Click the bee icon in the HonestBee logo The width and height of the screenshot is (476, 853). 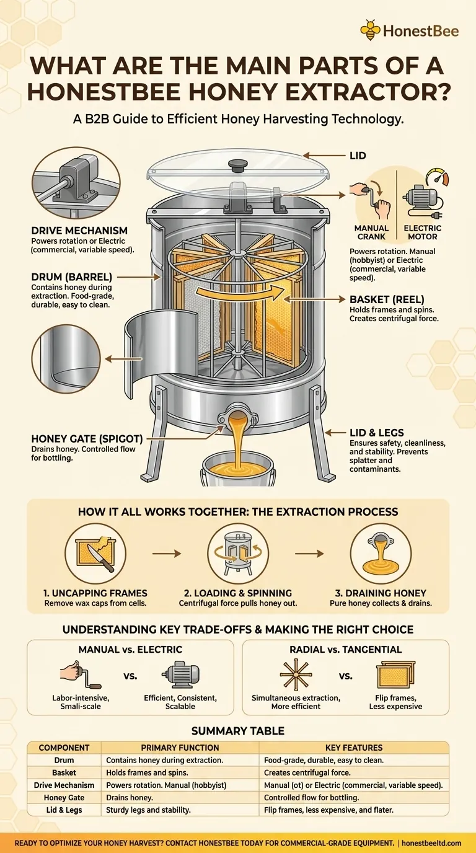(x=370, y=30)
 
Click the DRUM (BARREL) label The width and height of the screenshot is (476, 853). (x=72, y=277)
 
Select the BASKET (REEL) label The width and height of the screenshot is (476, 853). (x=387, y=299)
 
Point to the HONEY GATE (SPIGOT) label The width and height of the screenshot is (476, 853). (x=87, y=439)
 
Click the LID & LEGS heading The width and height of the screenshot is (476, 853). (x=377, y=433)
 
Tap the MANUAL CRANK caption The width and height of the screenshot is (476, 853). (x=371, y=232)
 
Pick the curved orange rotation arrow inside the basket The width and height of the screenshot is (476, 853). (x=240, y=293)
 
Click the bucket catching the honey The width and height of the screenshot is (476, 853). (x=237, y=469)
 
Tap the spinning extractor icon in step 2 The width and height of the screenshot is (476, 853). (x=238, y=554)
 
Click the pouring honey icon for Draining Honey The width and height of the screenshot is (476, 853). (x=381, y=554)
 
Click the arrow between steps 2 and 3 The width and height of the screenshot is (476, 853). (x=309, y=554)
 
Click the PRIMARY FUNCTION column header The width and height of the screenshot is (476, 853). (x=180, y=748)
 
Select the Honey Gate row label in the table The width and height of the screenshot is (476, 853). (x=64, y=797)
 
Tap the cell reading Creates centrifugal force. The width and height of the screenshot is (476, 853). (x=307, y=772)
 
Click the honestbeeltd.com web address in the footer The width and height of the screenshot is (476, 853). (x=431, y=844)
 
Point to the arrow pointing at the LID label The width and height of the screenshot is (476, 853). (x=324, y=156)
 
